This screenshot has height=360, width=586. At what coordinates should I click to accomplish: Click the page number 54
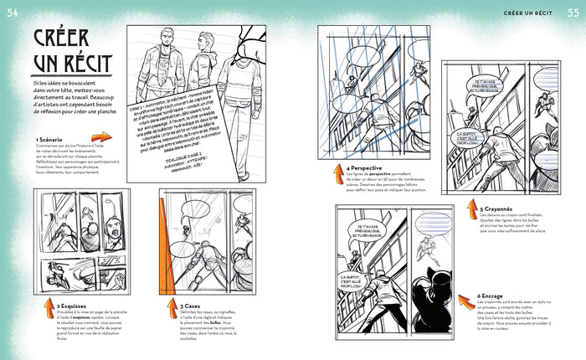pos(13,9)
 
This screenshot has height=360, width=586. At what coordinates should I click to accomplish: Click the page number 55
pos(573,9)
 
